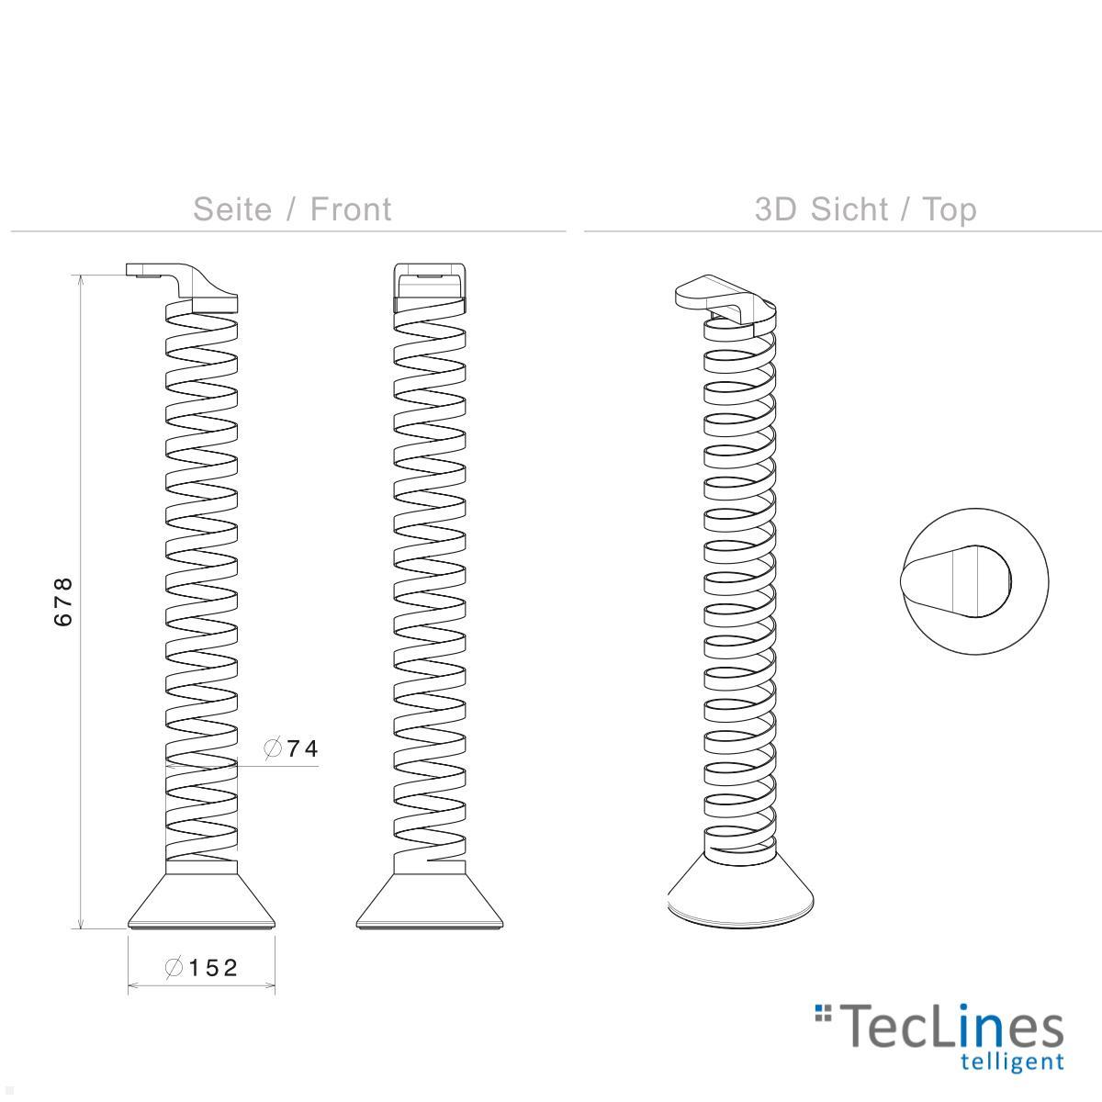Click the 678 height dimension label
pos(62,602)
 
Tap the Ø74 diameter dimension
pos(291,749)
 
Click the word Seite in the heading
pos(232,209)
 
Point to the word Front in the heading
pos(351,209)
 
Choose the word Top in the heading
pos(950,209)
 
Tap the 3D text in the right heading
pos(777,209)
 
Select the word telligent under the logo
pos(1011,1063)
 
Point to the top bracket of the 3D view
pos(721,296)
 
